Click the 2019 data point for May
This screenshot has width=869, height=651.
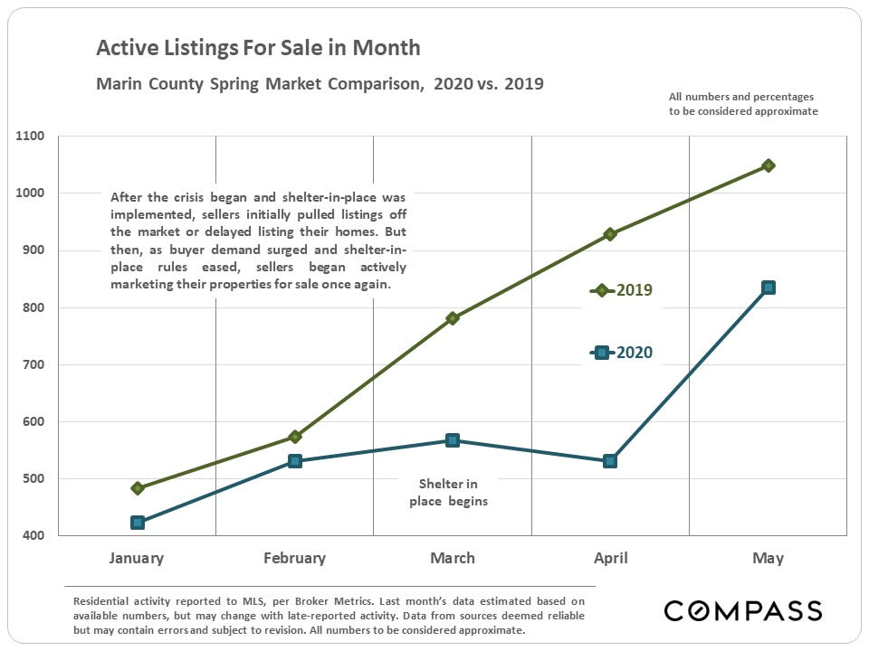tap(768, 165)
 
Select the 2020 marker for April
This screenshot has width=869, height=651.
tap(610, 460)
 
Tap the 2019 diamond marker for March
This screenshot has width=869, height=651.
tap(453, 318)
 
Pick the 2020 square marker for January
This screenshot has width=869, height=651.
tap(138, 523)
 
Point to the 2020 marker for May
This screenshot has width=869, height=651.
tap(768, 288)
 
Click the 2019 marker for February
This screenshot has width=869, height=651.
tap(295, 437)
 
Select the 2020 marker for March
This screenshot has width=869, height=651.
tap(453, 440)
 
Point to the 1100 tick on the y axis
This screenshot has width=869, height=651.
tap(30, 137)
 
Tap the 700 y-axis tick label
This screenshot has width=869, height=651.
tap(33, 364)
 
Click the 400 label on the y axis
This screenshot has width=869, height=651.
tap(33, 536)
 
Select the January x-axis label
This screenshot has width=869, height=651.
tap(137, 558)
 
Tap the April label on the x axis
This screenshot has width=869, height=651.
tap(610, 558)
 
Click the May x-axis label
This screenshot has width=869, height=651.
tap(768, 558)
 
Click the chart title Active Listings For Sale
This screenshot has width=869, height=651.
tap(258, 48)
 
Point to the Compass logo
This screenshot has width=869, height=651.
tap(742, 610)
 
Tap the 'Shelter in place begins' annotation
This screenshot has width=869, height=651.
tap(448, 492)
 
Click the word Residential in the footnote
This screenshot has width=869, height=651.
tap(100, 600)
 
